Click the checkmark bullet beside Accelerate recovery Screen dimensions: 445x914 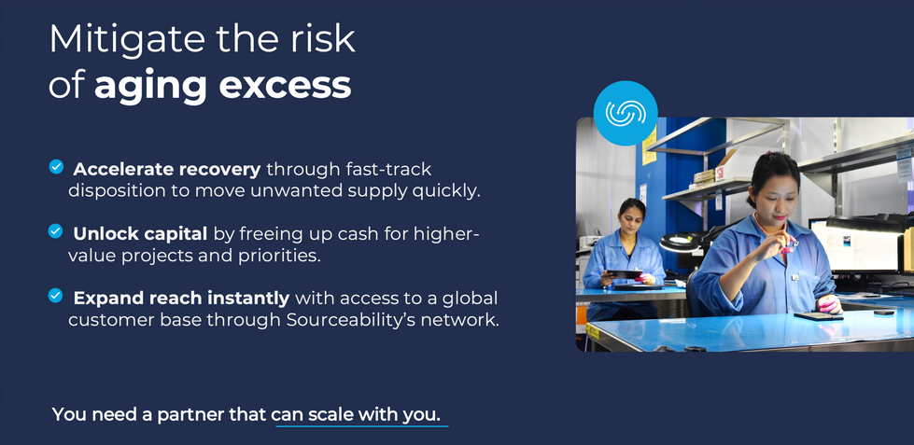[x=56, y=167]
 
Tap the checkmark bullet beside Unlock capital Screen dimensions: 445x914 [x=56, y=230]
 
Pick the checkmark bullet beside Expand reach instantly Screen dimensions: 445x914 [x=56, y=296]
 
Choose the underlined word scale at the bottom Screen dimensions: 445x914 [x=330, y=413]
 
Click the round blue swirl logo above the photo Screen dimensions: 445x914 [x=626, y=113]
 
